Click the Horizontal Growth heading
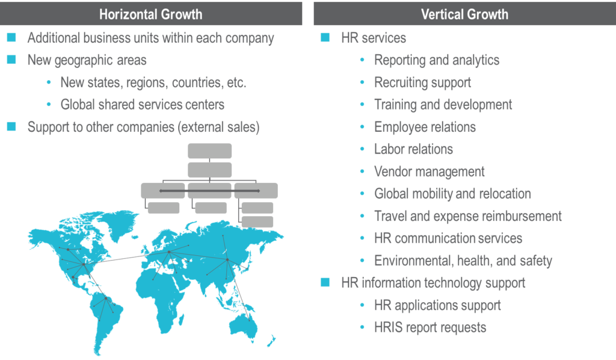(150, 14)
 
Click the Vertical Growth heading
(464, 14)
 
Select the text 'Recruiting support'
(422, 82)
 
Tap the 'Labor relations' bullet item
(413, 149)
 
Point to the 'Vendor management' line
(429, 172)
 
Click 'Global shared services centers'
(143, 105)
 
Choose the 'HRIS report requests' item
(430, 327)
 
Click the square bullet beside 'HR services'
(325, 38)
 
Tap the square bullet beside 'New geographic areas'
(11, 60)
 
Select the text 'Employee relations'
(425, 127)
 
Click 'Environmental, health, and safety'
(463, 261)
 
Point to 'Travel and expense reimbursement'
(468, 216)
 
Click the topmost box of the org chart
(209, 151)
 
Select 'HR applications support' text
(437, 305)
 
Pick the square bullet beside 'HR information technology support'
(325, 282)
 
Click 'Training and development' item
(443, 105)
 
